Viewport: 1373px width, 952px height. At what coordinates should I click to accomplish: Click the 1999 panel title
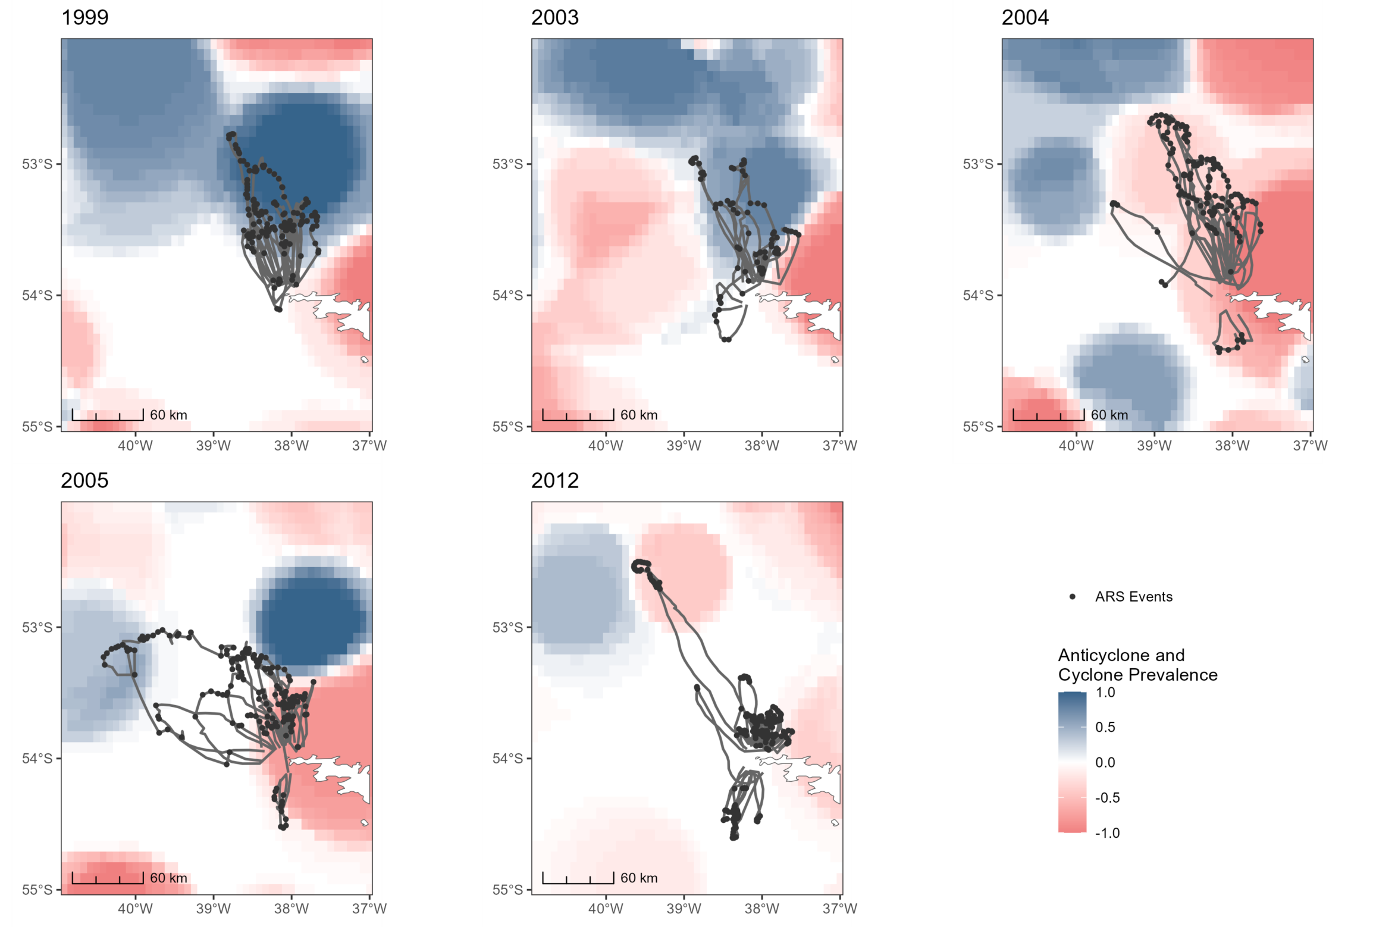click(84, 17)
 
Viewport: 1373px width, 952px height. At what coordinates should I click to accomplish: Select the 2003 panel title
click(554, 17)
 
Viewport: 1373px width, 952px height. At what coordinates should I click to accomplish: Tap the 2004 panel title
click(1024, 17)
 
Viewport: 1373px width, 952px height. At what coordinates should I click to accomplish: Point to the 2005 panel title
click(84, 480)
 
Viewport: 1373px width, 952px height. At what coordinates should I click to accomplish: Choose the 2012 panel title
click(554, 480)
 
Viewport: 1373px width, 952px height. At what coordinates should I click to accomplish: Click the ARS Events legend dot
click(1073, 597)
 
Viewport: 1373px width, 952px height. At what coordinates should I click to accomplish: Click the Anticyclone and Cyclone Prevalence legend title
click(1137, 665)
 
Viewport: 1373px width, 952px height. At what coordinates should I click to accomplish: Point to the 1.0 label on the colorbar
click(1105, 692)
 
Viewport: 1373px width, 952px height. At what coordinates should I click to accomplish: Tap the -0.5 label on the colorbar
click(1108, 797)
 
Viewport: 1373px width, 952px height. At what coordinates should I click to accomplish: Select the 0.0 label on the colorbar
click(1105, 762)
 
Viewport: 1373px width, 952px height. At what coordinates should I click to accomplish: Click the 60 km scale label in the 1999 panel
click(168, 415)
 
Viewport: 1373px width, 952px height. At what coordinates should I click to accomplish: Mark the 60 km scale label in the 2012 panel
click(639, 878)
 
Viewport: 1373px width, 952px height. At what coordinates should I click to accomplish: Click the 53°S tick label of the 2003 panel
click(507, 164)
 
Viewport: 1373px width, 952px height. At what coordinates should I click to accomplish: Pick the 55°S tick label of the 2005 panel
click(37, 890)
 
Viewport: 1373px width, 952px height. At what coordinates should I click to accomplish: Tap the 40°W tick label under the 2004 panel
click(1076, 446)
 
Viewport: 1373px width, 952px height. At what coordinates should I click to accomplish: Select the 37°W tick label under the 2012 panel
click(840, 909)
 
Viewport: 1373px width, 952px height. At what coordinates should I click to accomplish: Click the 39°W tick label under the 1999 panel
click(213, 446)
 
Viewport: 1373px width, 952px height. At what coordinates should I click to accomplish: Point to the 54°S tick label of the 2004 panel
click(978, 295)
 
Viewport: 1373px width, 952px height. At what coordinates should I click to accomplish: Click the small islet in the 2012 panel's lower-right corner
click(835, 822)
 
